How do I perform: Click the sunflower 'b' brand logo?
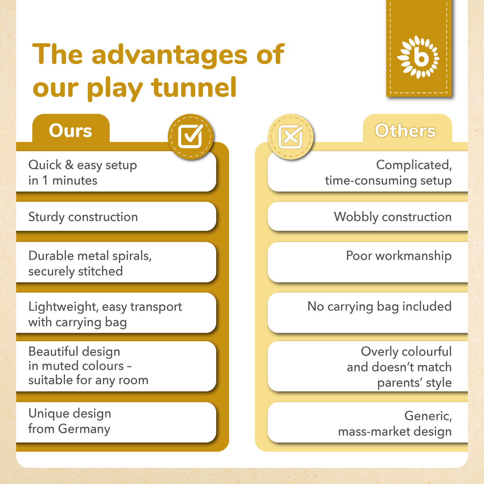click(418, 57)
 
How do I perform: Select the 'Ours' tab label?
click(70, 131)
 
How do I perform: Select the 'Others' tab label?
click(405, 131)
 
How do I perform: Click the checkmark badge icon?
click(191, 137)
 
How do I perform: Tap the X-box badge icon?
click(291, 137)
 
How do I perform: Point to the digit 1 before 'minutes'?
click(45, 180)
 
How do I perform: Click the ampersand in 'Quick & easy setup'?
click(69, 165)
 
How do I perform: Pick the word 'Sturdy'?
click(46, 217)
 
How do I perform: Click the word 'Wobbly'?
click(356, 217)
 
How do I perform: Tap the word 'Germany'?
click(84, 429)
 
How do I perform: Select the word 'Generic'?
click(428, 416)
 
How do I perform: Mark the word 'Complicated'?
click(414, 165)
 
